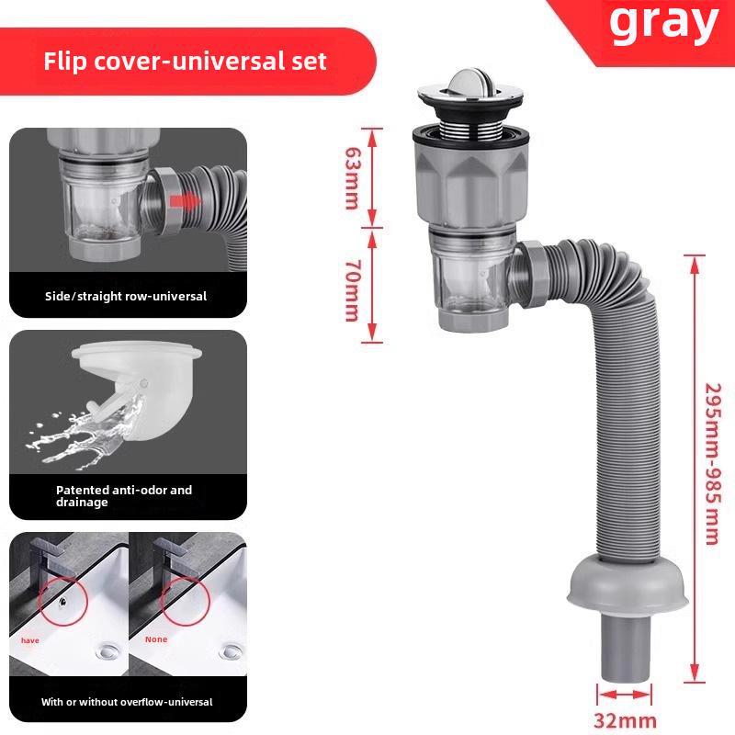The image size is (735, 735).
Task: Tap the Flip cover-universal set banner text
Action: (186, 62)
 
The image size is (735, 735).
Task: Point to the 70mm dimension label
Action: (351, 288)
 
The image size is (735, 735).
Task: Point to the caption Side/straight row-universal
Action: (126, 297)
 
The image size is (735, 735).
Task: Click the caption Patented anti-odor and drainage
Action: (124, 496)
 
